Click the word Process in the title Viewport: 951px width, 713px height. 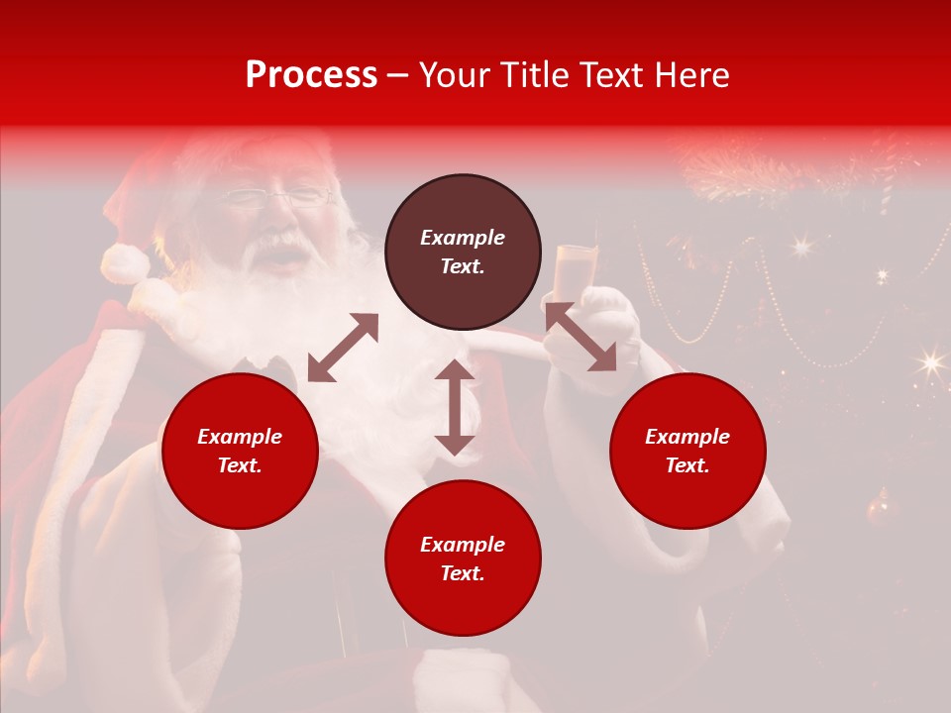[311, 75]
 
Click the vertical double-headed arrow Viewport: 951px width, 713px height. [455, 407]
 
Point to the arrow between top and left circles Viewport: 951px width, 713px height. [343, 348]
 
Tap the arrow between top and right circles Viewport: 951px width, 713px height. [581, 337]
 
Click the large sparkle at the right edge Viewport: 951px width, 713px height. [930, 362]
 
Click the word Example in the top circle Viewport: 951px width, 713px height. [463, 238]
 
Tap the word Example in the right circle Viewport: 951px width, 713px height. [687, 437]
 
